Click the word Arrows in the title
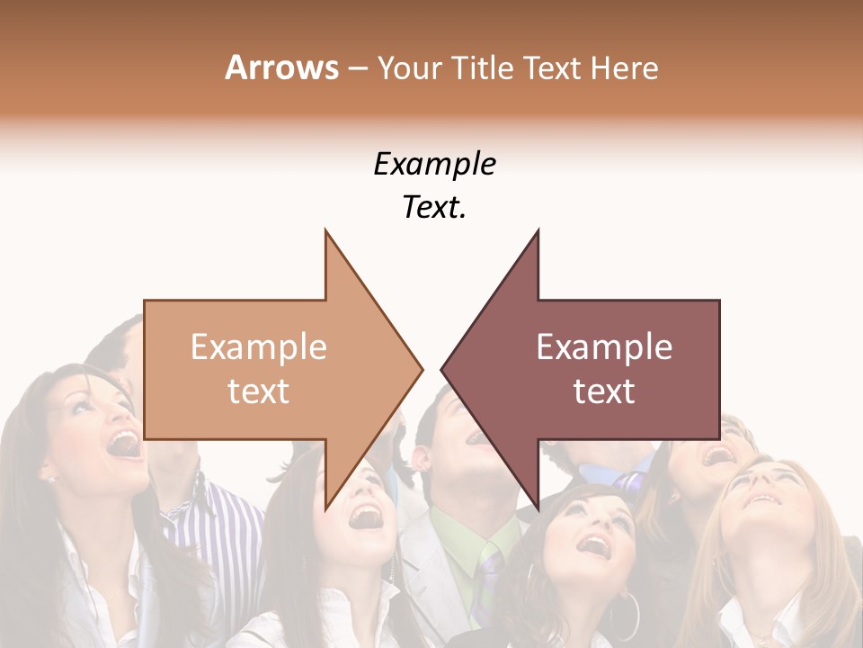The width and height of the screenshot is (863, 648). pyautogui.click(x=281, y=67)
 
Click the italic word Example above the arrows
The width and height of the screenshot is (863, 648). pyautogui.click(x=434, y=164)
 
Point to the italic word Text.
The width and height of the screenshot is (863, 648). pyautogui.click(x=434, y=208)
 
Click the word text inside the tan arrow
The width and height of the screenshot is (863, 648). pyautogui.click(x=258, y=391)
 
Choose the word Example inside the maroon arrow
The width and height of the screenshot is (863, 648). pyautogui.click(x=604, y=347)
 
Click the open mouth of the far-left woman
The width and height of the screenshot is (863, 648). pyautogui.click(x=123, y=443)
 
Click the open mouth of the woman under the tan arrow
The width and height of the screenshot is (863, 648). pyautogui.click(x=366, y=516)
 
